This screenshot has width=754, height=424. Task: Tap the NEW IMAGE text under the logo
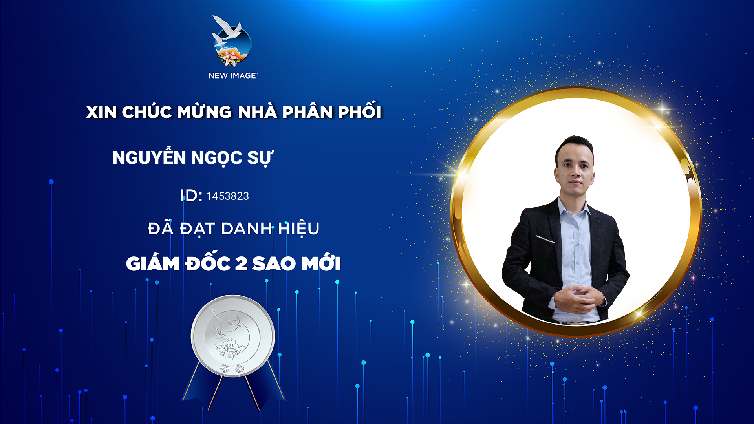233,75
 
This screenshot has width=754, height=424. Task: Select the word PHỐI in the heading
359,110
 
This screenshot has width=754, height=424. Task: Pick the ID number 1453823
228,196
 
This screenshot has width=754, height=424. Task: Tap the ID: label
191,195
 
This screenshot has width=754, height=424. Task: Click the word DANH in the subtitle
247,228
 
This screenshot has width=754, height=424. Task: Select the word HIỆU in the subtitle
299,229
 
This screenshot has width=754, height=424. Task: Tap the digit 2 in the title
241,263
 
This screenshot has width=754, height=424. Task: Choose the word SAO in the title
274,263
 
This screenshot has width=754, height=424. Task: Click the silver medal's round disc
233,336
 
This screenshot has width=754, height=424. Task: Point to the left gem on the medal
225,368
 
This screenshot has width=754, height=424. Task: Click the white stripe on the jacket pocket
545,239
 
